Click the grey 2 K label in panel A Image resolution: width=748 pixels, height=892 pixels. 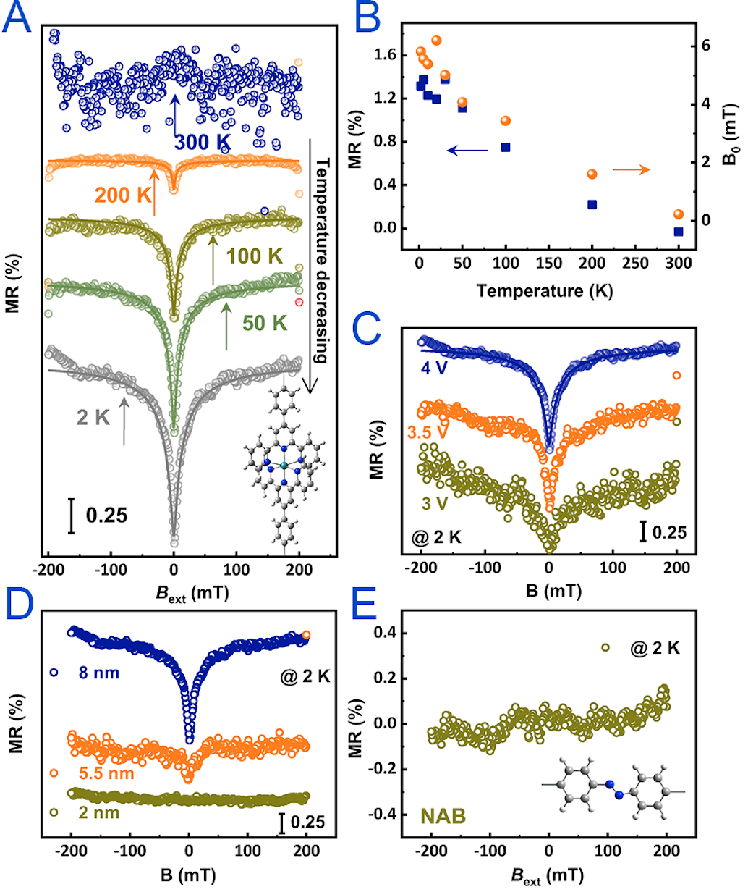click(93, 417)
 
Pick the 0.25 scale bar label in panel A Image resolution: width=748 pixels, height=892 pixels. click(106, 516)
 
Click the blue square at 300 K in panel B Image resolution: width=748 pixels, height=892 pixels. click(679, 232)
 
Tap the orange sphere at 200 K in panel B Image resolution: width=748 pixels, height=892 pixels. click(592, 174)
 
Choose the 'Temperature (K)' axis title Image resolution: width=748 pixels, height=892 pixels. click(544, 291)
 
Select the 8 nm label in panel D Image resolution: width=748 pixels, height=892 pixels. click(98, 674)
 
